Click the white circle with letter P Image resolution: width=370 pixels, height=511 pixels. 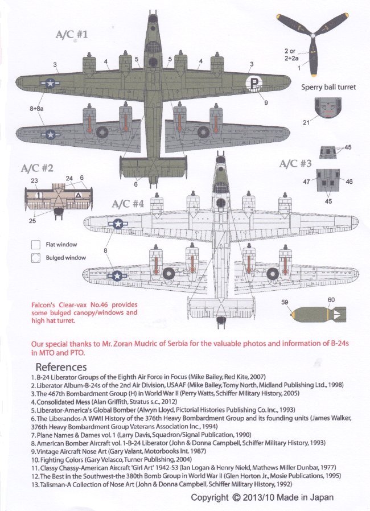click(x=254, y=85)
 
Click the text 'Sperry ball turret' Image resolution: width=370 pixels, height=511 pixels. click(x=328, y=88)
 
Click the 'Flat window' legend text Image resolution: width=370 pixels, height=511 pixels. click(x=61, y=244)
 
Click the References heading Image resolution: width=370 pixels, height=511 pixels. click(x=61, y=366)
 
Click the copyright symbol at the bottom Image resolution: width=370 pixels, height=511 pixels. click(x=236, y=497)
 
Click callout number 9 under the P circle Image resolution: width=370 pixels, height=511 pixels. click(x=265, y=102)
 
